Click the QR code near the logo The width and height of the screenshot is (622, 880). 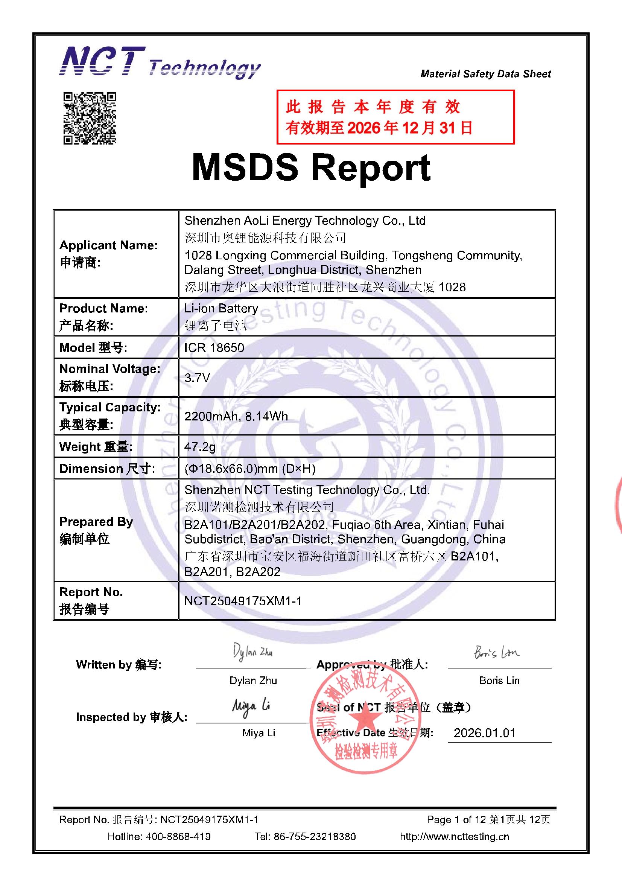click(89, 119)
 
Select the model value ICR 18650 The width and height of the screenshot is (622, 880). click(214, 348)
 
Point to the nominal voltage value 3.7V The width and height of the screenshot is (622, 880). click(197, 378)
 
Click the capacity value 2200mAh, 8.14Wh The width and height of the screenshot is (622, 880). click(236, 416)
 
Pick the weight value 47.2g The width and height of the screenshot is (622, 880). click(200, 446)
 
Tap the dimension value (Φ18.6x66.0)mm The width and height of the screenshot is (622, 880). click(249, 468)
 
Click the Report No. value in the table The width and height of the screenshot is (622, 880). click(243, 601)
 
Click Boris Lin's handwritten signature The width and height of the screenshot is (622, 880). click(496, 652)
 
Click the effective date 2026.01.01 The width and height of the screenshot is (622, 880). click(484, 733)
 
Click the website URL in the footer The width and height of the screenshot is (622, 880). click(454, 836)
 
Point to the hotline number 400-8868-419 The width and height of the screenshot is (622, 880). click(178, 836)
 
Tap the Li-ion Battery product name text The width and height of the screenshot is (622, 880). click(221, 308)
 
